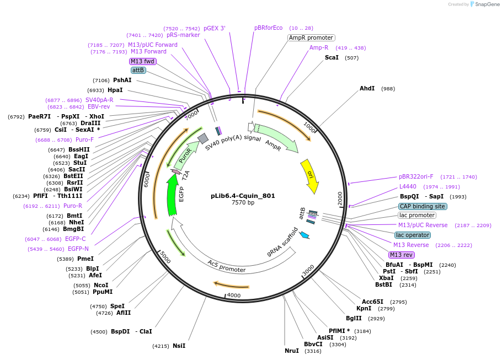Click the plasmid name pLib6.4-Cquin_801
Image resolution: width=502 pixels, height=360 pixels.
coord(243,196)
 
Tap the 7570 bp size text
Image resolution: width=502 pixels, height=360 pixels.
coord(243,203)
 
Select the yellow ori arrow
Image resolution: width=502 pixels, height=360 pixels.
coord(309,176)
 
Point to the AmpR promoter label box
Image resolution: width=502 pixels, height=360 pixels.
coord(311,38)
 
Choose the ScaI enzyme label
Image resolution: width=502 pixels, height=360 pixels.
coord(332,57)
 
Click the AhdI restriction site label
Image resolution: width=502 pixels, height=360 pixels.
coord(367,88)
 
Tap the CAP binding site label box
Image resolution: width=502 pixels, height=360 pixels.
coord(423,206)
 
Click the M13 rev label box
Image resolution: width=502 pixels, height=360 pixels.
coord(401,255)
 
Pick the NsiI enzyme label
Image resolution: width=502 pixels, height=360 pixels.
coord(179,346)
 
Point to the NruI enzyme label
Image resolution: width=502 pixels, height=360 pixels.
coord(291,351)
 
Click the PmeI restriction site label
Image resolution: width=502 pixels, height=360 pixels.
coord(86,259)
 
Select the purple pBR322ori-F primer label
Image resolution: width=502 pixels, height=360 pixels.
coord(416,177)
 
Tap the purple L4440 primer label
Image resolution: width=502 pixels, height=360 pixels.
coord(408,187)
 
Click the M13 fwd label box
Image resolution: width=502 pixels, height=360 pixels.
coord(143,61)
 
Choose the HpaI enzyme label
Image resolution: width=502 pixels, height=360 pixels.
coord(115,90)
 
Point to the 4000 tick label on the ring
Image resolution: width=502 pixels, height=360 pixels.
coord(234,295)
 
